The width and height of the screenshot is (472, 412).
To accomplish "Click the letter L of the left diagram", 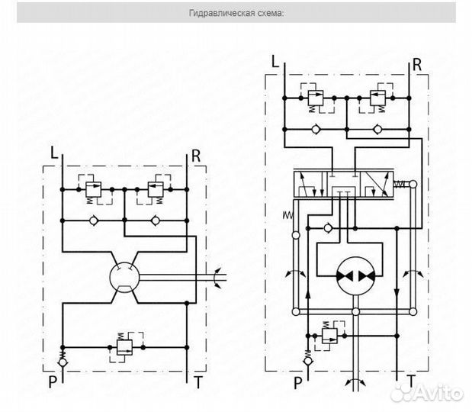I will (x=53, y=153).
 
